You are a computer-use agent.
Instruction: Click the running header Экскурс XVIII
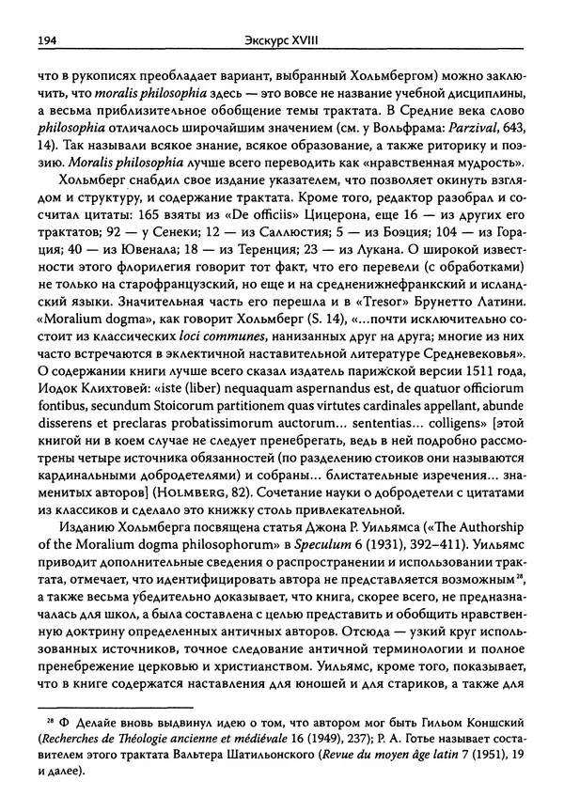tap(281, 41)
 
